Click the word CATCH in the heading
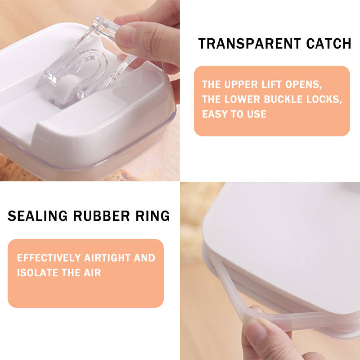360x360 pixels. coord(329,44)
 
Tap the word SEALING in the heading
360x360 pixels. coord(38,216)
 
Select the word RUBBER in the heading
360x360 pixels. coord(102,216)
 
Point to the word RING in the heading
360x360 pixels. coord(153,216)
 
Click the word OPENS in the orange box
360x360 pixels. coord(303,85)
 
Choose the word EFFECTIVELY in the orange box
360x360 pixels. coord(49,258)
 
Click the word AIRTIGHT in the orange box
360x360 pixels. coord(108,258)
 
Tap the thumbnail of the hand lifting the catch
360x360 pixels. coord(90,90)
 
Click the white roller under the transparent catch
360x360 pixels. coord(67,89)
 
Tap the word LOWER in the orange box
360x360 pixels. coord(242,99)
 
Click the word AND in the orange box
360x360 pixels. coord(144,258)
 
